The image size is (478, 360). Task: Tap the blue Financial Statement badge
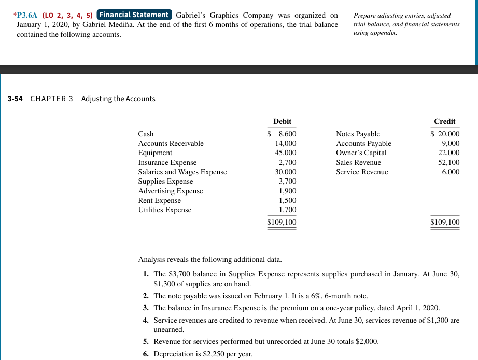coord(135,15)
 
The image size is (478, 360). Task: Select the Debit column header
coord(282,121)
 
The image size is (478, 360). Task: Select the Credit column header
coord(444,121)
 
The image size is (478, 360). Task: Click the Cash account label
coord(146,134)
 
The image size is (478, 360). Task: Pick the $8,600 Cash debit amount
coord(282,134)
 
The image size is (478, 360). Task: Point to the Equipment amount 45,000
coord(285,153)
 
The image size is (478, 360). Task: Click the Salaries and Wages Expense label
coord(182,172)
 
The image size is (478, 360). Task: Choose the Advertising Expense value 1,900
coord(287,191)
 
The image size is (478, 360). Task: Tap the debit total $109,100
coord(282,222)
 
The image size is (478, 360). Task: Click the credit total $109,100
coord(445,222)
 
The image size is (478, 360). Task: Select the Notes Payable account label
coord(358,134)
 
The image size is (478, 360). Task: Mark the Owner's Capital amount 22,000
coord(448,153)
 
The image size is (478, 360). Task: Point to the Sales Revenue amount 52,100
coord(448,162)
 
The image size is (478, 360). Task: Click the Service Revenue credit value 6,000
coord(450,172)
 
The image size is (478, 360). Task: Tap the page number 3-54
coord(15,99)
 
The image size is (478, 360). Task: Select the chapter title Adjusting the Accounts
coord(118,99)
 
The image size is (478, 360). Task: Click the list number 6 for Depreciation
coord(146,354)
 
